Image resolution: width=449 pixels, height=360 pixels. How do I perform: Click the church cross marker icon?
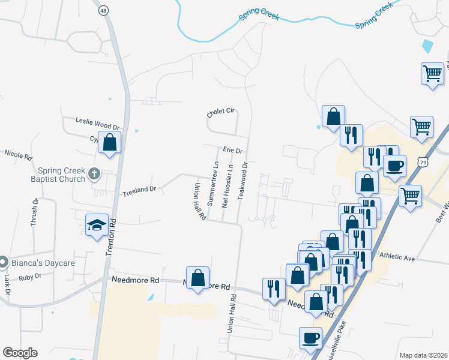click(93, 174)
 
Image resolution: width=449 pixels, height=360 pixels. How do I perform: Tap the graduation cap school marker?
click(97, 225)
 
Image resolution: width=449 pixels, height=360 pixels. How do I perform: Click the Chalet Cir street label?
click(220, 113)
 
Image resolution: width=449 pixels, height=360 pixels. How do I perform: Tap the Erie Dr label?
click(232, 151)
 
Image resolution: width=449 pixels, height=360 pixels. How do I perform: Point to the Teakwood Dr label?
click(244, 181)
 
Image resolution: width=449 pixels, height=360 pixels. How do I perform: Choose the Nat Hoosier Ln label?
click(228, 185)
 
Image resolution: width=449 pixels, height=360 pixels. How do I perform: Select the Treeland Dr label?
click(139, 190)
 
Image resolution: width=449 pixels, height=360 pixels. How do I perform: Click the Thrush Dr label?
click(34, 212)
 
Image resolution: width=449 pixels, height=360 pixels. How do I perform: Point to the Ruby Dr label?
click(29, 277)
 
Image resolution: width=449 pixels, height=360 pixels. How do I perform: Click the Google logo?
click(20, 353)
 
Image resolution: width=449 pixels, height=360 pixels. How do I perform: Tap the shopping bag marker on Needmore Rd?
click(197, 278)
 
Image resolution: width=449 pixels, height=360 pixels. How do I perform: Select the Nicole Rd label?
click(18, 155)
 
